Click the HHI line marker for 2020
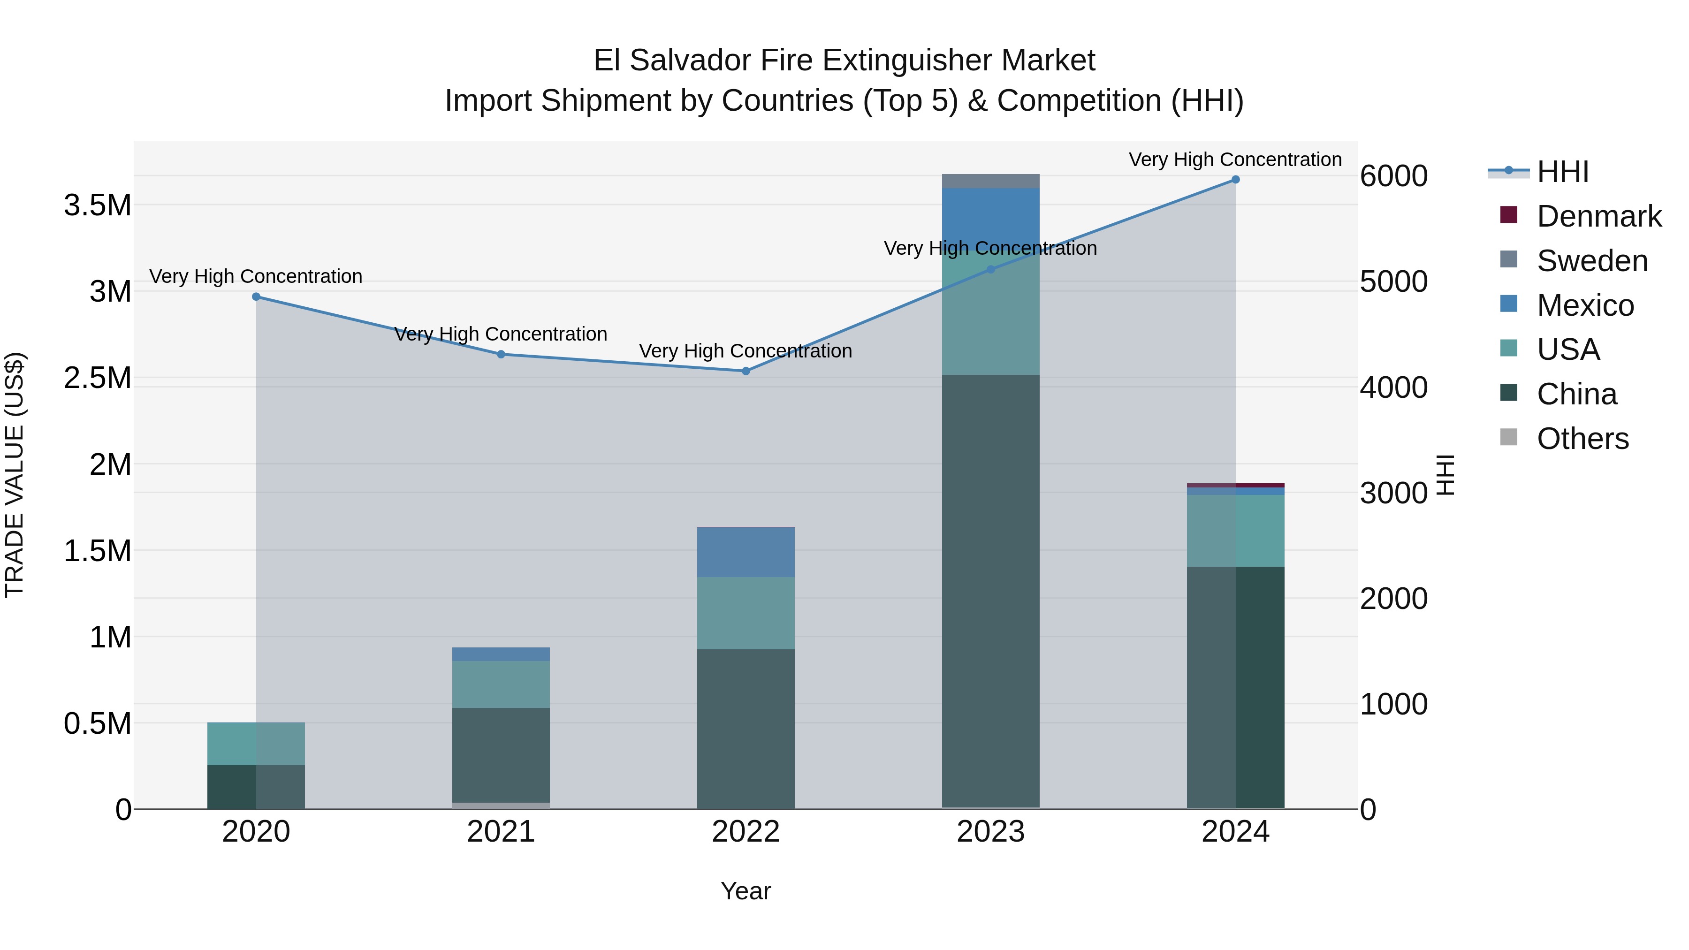[256, 297]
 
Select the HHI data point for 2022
[746, 371]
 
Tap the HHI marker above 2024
[1235, 180]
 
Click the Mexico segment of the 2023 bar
[991, 216]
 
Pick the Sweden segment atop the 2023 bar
[991, 181]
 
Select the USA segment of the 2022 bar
[746, 613]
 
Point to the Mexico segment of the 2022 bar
[746, 552]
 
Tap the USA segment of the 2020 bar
[256, 744]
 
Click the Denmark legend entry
[1598, 216]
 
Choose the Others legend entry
[1582, 439]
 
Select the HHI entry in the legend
[1562, 172]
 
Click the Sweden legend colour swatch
[1509, 259]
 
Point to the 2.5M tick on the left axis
[98, 378]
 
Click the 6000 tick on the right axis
[1393, 176]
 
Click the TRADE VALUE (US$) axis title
[15, 475]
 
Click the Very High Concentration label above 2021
[501, 334]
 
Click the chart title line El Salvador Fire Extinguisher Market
[844, 61]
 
